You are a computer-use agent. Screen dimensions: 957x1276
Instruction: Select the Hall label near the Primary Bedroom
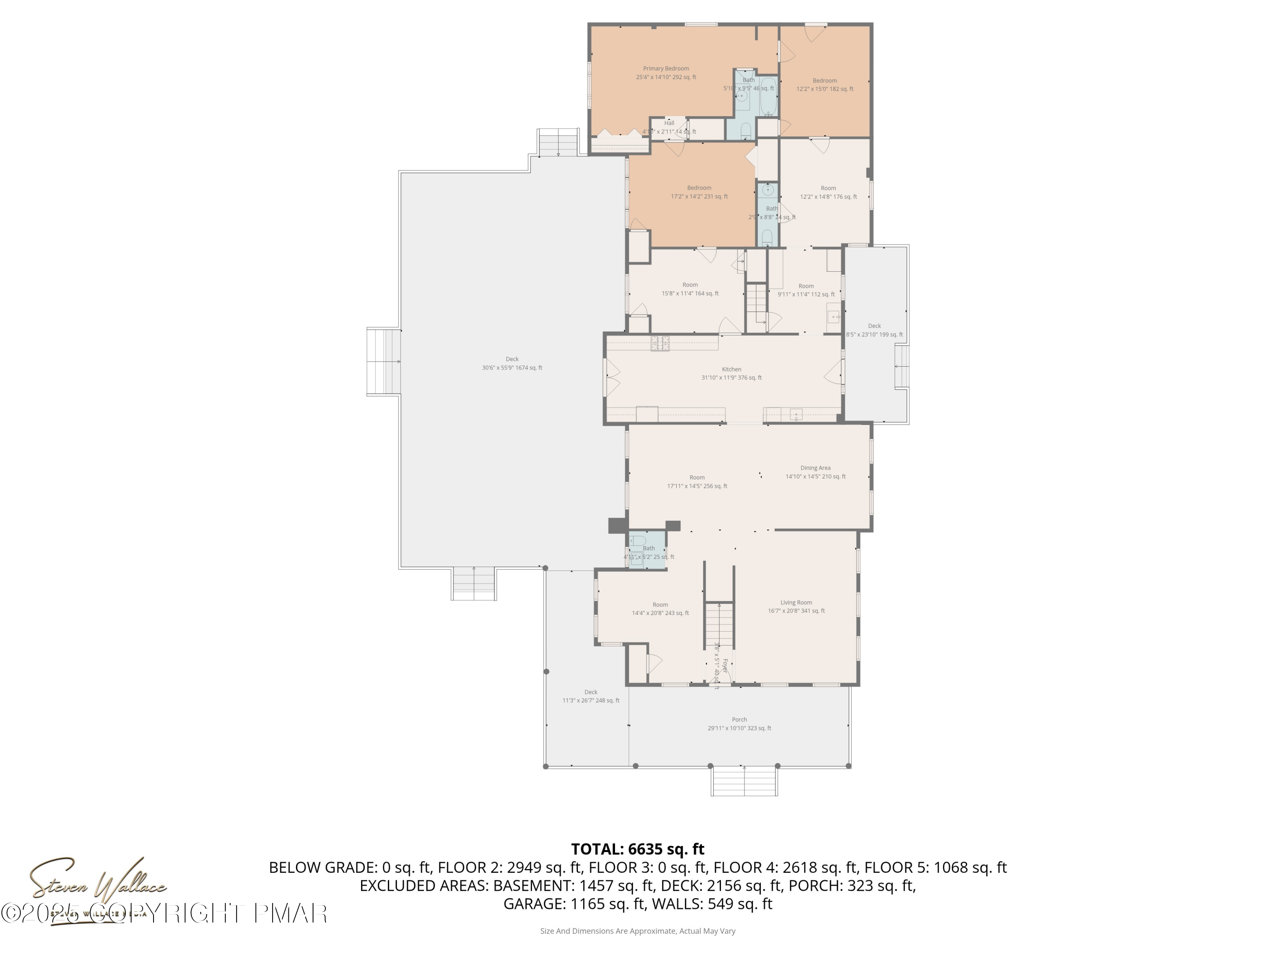point(669,123)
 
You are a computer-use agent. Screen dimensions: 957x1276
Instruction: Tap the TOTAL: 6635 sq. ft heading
point(638,849)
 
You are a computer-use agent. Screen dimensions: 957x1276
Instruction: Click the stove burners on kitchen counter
point(660,344)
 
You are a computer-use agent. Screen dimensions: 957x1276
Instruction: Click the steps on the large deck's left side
point(384,362)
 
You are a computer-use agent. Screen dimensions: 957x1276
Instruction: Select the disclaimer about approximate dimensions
point(638,931)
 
